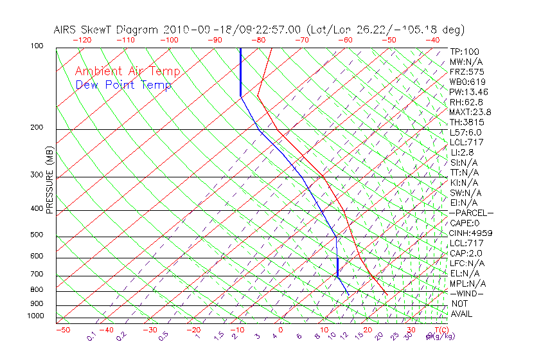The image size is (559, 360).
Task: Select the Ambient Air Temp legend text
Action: tap(128, 72)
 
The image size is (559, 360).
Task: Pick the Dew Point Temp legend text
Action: tap(123, 85)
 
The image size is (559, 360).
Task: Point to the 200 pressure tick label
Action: tap(37, 128)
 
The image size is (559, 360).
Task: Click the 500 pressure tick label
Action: tap(37, 235)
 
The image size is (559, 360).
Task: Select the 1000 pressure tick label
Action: tap(35, 316)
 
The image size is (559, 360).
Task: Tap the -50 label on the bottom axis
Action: tap(62, 330)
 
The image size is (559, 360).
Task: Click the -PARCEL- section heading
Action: tap(471, 213)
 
